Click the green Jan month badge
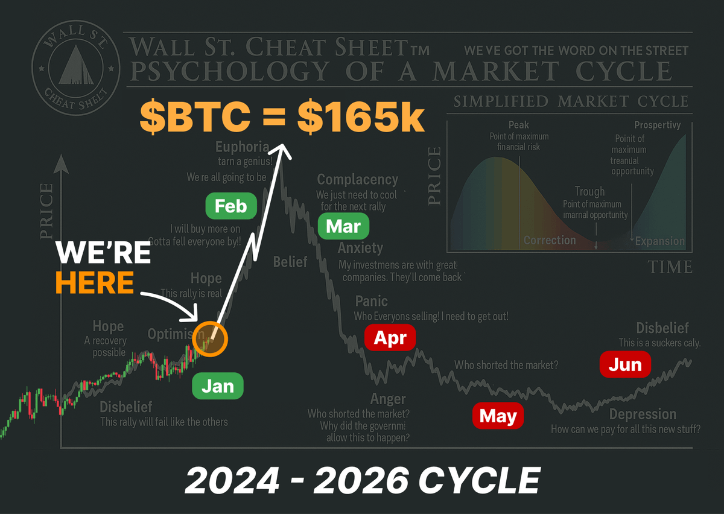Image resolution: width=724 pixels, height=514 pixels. point(218,386)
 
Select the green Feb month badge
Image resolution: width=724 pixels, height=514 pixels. point(230,206)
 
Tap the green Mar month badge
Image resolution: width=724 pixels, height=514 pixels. point(343,227)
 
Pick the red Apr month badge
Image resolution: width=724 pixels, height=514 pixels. point(390,338)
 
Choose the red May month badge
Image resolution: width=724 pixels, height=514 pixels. point(498,416)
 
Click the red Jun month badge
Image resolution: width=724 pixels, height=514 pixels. point(625,364)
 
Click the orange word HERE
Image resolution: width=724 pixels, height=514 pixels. point(95,282)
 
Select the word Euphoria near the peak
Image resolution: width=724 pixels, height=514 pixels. point(243,147)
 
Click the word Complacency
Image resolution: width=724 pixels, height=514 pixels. point(358,179)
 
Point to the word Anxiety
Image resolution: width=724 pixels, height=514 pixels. point(360,248)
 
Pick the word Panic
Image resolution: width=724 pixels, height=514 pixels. point(371,301)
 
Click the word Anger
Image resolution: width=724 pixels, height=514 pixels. point(388,399)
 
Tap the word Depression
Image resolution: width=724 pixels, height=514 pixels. point(643,414)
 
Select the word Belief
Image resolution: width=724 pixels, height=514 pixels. point(290,262)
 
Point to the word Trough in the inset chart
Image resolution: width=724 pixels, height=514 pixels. point(589,191)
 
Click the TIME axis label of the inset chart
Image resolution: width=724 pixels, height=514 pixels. point(670,267)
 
